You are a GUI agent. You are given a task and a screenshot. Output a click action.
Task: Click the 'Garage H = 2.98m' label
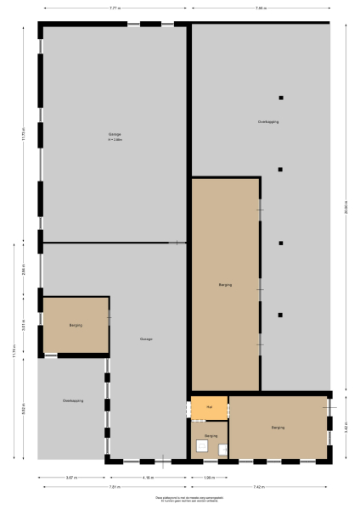click(115, 136)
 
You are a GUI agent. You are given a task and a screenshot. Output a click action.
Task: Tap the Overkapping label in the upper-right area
click(268, 122)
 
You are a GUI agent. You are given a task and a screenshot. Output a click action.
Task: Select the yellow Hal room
click(209, 407)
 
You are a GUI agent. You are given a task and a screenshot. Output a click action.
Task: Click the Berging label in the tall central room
click(225, 285)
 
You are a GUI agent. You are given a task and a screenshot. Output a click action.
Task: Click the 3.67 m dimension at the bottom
click(72, 477)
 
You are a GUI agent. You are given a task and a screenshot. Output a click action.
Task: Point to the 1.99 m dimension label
click(209, 477)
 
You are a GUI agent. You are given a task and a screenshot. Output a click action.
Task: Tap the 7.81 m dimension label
click(113, 488)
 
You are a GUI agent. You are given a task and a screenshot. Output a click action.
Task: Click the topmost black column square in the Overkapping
click(281, 98)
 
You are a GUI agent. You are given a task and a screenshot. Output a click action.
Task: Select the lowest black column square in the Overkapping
click(281, 316)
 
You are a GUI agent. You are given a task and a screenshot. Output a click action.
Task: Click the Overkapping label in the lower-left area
click(72, 400)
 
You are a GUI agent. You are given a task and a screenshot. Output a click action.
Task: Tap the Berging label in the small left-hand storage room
click(75, 325)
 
